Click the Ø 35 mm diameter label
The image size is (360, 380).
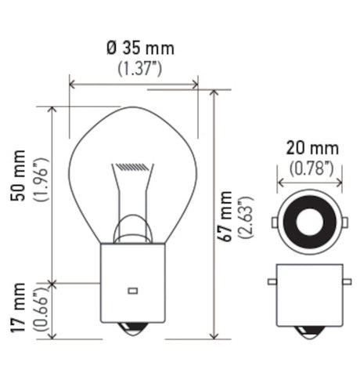(x=140, y=49)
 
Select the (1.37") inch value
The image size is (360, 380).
(x=140, y=68)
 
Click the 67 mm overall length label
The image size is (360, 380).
(x=227, y=217)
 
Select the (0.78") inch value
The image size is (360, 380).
(x=312, y=167)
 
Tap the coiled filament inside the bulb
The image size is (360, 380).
(x=130, y=167)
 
